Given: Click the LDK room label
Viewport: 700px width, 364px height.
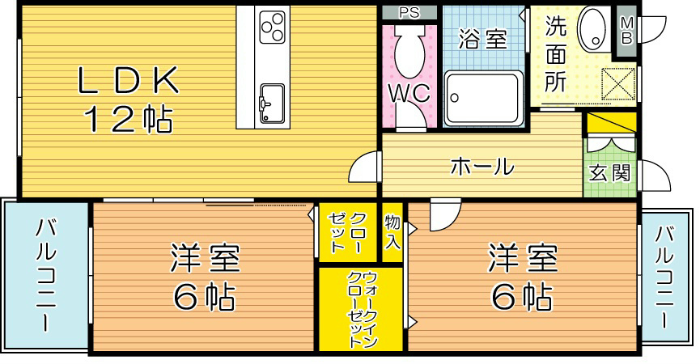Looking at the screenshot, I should pos(127,82).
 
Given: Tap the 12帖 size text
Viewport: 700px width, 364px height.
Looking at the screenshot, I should pos(127,121).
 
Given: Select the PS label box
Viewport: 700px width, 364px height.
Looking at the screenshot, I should pos(409,12).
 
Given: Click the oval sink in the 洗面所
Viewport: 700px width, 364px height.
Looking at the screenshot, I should pos(595,29).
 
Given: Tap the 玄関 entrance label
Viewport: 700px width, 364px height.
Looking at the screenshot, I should pos(609,171).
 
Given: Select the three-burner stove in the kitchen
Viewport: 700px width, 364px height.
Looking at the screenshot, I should pos(273,27).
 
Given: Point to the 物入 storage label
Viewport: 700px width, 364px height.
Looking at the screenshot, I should pos(392,231).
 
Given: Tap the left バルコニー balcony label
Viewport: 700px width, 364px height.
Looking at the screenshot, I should pos(45,275).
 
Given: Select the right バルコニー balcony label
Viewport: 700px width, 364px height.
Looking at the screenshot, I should pos(665,275).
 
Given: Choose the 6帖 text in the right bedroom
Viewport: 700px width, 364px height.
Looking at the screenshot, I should pos(522,298).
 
